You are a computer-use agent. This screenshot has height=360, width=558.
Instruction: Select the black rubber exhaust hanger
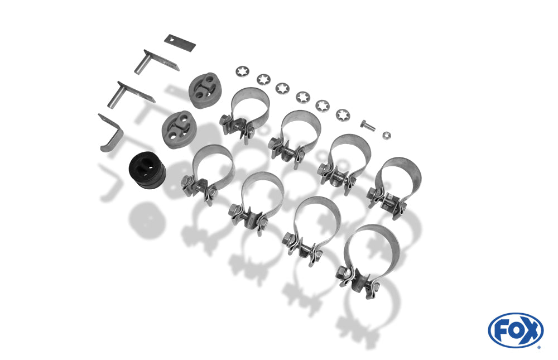tap(147, 171)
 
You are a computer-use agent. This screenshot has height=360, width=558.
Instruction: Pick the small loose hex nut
tap(387, 135)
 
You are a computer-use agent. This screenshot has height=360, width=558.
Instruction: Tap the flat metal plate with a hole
tap(180, 43)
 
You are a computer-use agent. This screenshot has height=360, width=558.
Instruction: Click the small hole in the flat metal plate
tap(172, 40)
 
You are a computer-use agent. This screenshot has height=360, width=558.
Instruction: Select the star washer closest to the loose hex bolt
tap(343, 114)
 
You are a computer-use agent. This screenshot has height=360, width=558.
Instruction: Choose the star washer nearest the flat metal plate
tap(242, 71)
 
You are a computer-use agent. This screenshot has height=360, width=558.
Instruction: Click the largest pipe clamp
tap(368, 257)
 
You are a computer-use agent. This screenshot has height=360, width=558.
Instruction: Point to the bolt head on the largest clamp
tap(343, 272)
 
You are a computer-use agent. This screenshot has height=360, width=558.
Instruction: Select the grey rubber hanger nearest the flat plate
tap(203, 90)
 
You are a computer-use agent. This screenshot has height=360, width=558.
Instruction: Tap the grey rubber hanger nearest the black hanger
tap(177, 129)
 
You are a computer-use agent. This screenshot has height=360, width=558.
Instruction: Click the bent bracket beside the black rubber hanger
tap(110, 133)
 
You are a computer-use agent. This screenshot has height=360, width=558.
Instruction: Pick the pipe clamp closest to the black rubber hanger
tap(208, 172)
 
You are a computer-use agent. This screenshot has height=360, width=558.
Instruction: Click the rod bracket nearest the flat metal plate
tap(156, 63)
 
